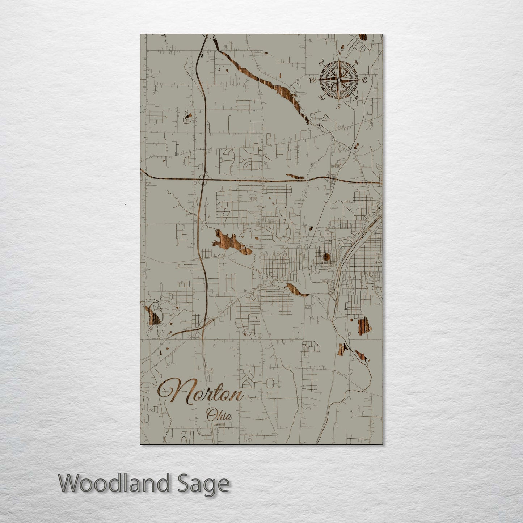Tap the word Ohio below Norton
point(219,415)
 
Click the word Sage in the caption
point(210,484)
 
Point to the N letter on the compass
point(339,53)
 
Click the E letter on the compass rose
point(364,80)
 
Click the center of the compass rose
point(339,79)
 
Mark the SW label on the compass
point(321,97)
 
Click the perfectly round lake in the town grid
point(326,257)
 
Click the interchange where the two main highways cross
point(203,179)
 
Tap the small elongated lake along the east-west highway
point(298,177)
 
